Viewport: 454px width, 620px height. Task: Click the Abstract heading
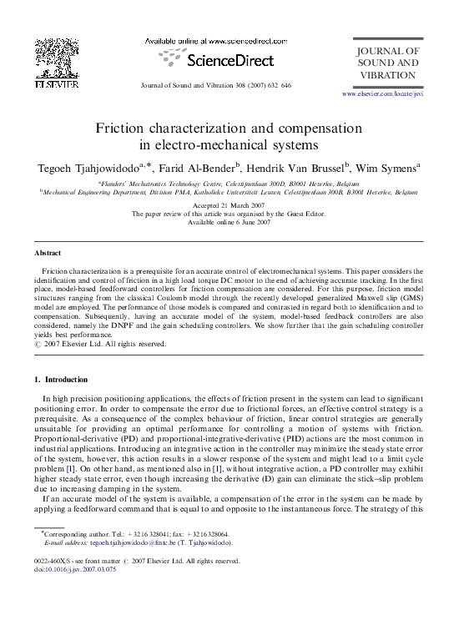click(48, 252)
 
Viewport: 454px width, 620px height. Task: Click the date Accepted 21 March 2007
click(229, 205)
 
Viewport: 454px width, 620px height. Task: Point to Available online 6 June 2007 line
click(229, 222)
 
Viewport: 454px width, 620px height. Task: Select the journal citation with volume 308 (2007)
click(216, 86)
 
